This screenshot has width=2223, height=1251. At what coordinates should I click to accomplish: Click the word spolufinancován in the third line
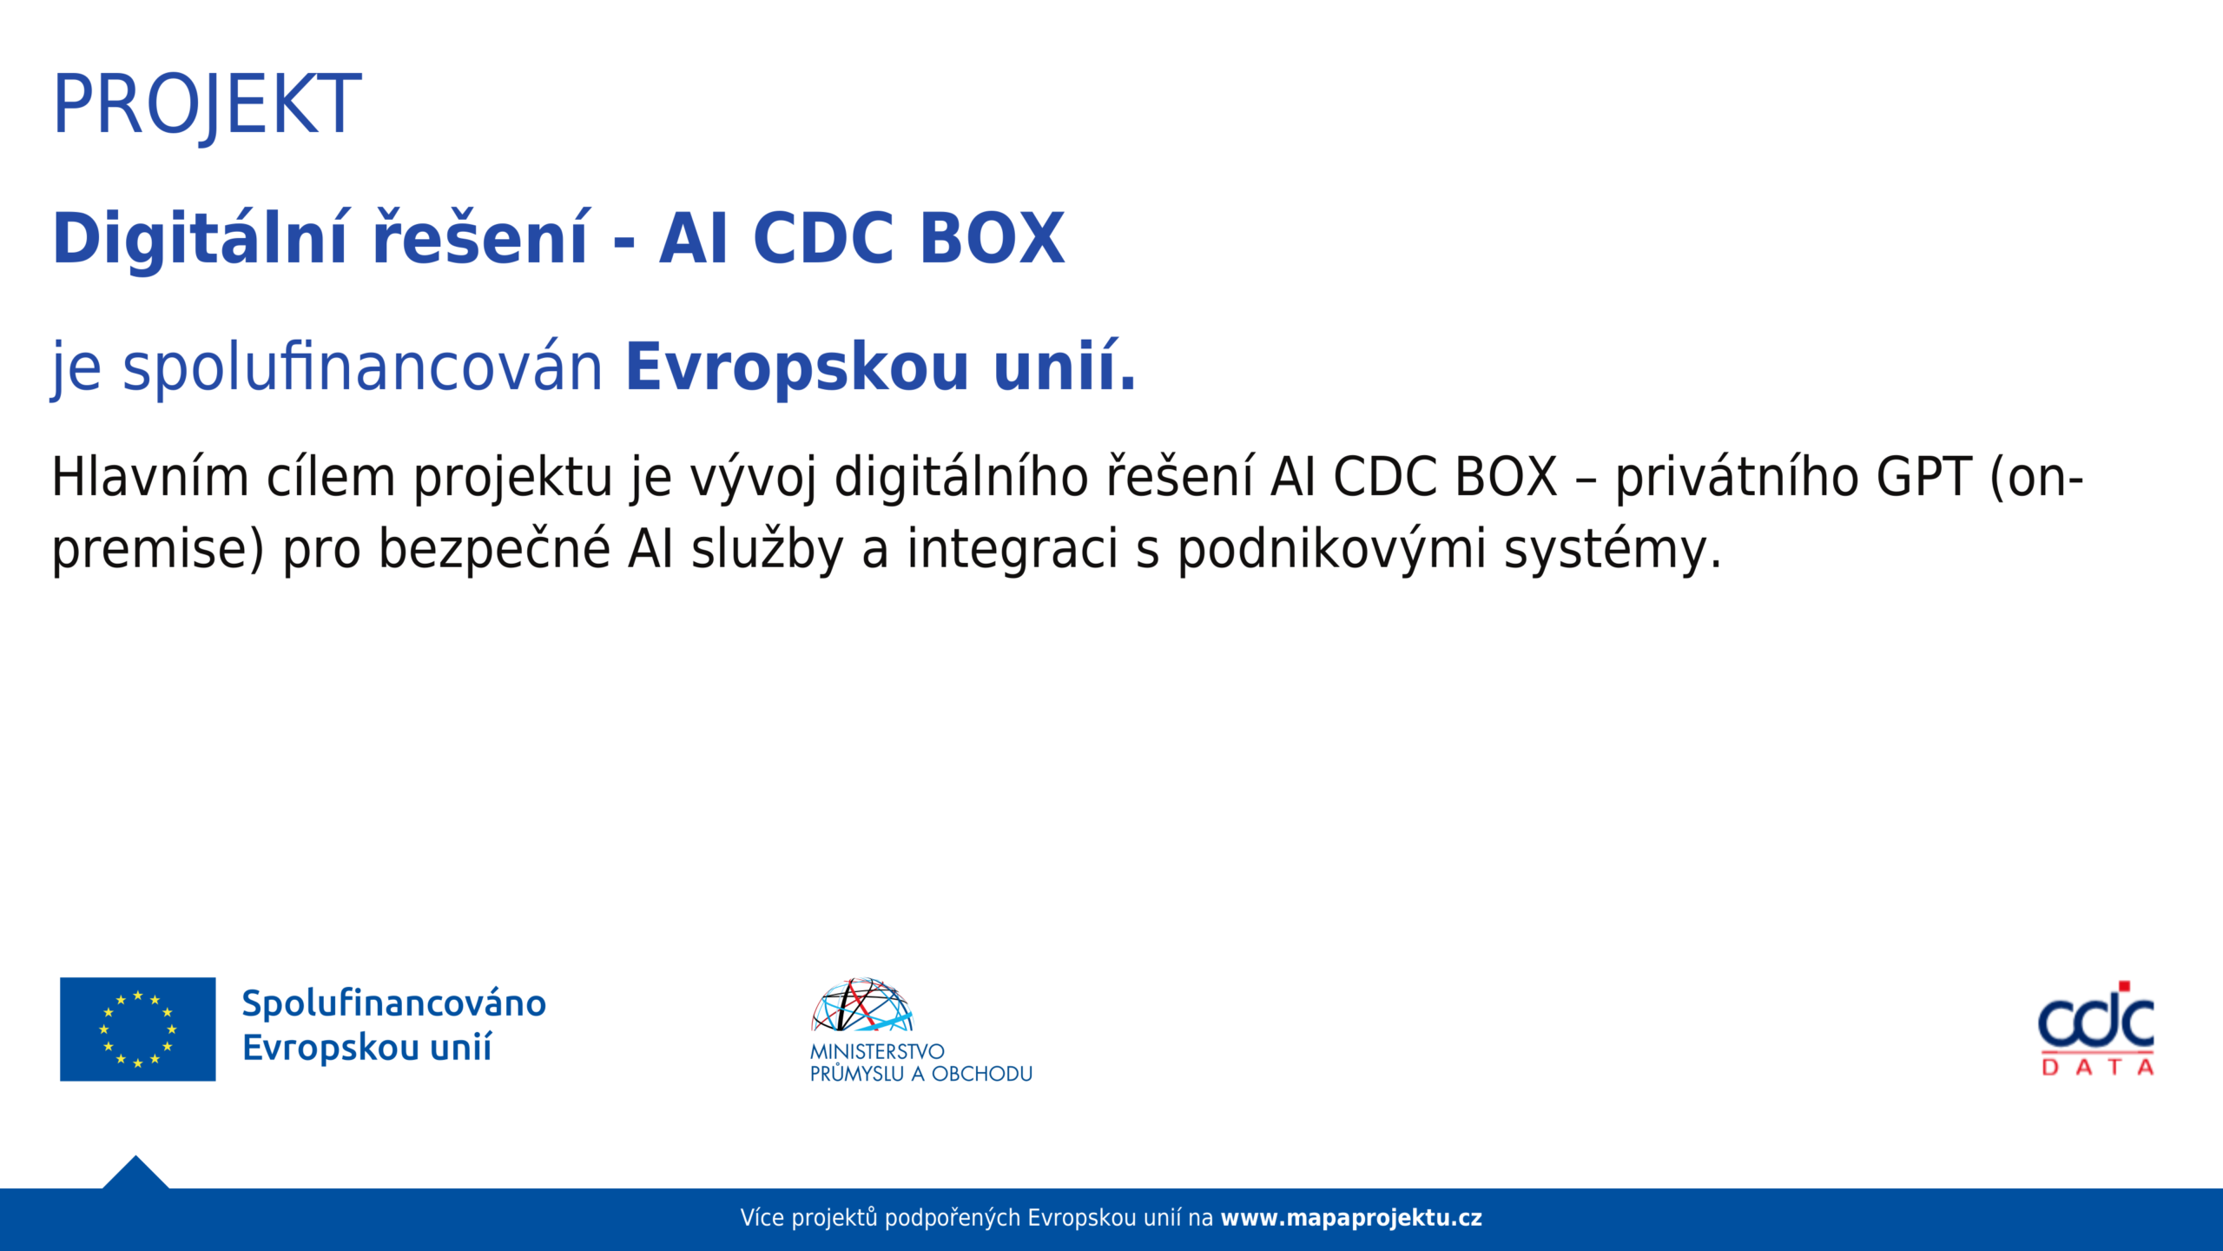[x=363, y=367]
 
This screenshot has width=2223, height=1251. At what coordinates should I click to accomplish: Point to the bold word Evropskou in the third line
[x=797, y=367]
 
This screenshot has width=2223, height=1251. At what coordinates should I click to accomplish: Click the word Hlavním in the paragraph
[x=150, y=477]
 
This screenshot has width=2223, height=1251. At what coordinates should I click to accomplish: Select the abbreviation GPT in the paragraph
[x=1924, y=477]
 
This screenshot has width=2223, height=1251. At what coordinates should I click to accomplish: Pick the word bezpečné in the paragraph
[x=494, y=549]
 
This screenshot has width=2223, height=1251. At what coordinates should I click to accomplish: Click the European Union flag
[x=137, y=1029]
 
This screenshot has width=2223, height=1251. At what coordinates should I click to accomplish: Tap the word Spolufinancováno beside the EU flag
[x=394, y=1003]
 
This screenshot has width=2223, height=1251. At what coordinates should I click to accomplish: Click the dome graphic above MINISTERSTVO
[x=861, y=1005]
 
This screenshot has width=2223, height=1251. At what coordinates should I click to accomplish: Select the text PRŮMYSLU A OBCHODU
[x=921, y=1074]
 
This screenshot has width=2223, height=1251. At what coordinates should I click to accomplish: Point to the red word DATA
[x=2097, y=1067]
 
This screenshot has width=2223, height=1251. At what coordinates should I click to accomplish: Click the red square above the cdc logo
[x=2124, y=986]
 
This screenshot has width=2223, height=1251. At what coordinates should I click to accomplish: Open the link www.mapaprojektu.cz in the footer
[x=1351, y=1218]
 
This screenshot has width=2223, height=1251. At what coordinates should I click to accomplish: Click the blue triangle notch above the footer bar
[x=135, y=1175]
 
